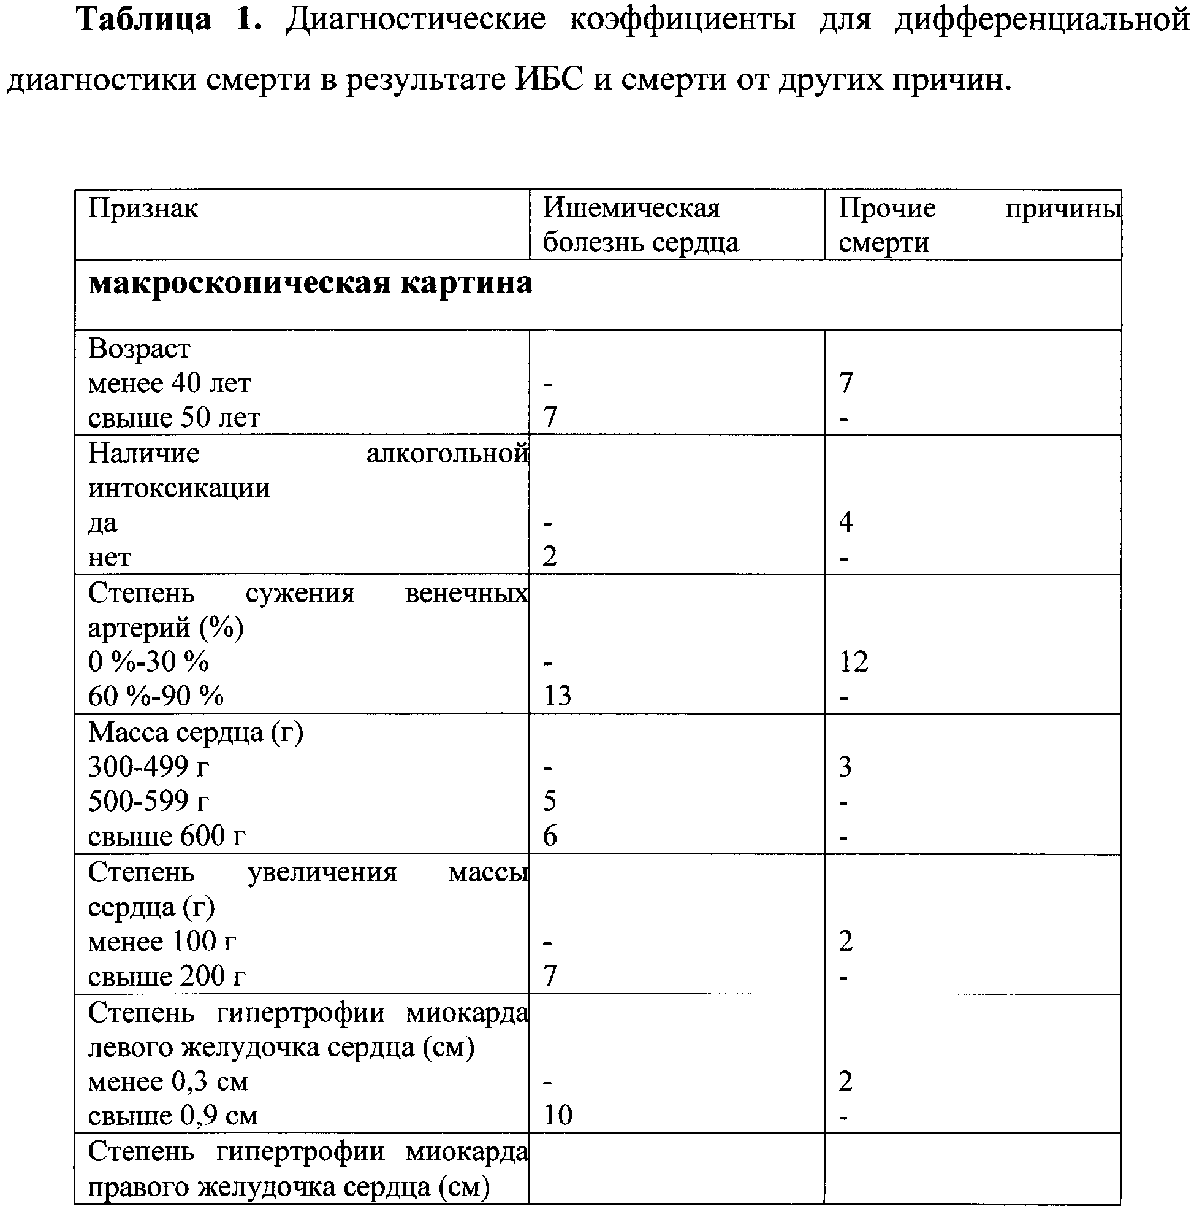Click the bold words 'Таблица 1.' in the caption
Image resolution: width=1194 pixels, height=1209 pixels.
(169, 20)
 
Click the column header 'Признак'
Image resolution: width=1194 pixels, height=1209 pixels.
(143, 208)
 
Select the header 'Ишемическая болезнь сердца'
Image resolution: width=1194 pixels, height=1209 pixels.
(640, 225)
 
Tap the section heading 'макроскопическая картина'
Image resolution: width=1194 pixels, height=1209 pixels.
(310, 283)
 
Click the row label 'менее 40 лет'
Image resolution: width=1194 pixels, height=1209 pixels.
(169, 382)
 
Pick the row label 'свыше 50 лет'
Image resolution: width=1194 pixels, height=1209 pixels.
(174, 417)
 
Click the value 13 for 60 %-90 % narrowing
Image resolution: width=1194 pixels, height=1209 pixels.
(557, 695)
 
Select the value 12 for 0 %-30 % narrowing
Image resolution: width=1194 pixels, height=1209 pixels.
(853, 661)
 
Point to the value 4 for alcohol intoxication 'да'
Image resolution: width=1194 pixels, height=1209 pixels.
(846, 521)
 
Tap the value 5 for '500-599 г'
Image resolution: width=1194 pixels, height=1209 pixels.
(549, 800)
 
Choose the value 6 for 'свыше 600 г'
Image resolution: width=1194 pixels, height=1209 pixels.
(550, 835)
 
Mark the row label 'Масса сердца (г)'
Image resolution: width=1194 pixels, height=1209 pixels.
(195, 732)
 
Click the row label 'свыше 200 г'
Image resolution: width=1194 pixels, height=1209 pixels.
(166, 975)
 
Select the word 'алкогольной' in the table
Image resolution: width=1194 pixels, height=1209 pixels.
(447, 453)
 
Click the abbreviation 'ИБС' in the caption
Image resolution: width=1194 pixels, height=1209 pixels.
(549, 79)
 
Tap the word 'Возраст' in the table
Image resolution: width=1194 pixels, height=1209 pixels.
(139, 348)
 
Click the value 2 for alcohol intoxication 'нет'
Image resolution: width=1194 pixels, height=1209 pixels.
(549, 556)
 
